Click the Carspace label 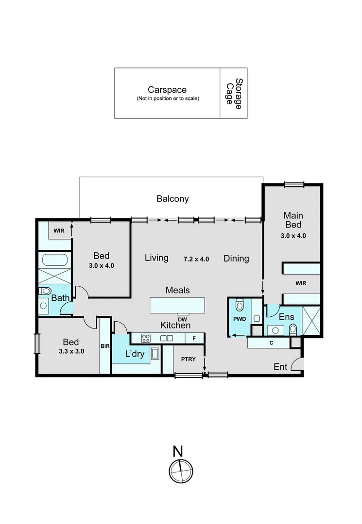pos(167,90)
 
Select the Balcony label pos(172,198)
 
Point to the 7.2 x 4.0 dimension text pos(196,259)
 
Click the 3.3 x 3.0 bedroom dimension pos(71,352)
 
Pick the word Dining pos(236,259)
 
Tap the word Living pos(156,258)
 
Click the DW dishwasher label pos(183,319)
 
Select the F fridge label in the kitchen pos(194,338)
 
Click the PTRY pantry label pos(188,360)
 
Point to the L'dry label pos(135,354)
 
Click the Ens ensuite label pos(286,317)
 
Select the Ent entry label pos(280,367)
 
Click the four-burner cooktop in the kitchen pos(145,338)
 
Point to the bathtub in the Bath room pos(55,260)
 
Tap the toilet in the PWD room pos(240,305)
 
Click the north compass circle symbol pos(181,471)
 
